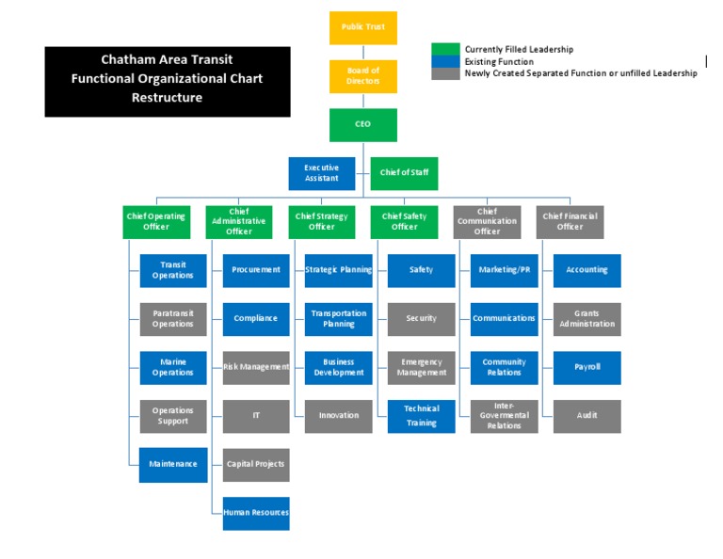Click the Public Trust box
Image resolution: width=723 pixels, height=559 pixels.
coord(362,27)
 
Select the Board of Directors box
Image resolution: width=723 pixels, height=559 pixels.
coord(362,76)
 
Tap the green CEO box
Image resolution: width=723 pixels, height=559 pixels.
coord(362,124)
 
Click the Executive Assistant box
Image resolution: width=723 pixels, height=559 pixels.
coord(321,173)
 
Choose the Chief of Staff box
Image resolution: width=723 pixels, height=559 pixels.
coord(404,173)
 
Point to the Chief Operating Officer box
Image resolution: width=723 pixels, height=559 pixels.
coord(156,221)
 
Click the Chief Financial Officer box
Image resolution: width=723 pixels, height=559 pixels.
coord(570,221)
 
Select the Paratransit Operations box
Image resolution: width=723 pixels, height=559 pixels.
coord(173,319)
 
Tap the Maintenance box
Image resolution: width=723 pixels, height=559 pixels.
coord(173,464)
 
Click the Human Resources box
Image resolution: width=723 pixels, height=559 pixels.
coord(256,513)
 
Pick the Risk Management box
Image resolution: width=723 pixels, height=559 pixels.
coord(256,367)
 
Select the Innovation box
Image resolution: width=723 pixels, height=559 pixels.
coord(339,416)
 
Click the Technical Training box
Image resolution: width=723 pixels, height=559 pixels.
coord(422,416)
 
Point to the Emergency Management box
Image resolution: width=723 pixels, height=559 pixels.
coord(422,367)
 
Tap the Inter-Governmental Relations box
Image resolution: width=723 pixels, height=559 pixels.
coord(505,416)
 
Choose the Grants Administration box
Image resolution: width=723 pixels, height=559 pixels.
coord(586,319)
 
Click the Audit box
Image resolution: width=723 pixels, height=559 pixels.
coord(586,416)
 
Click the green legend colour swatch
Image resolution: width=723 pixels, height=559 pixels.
coord(445,49)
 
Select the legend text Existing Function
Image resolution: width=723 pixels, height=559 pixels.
coord(499,61)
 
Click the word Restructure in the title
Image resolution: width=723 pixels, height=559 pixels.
coord(167,98)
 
